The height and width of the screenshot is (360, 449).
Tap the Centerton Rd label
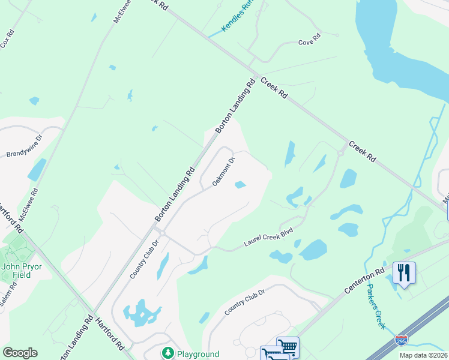coord(364,281)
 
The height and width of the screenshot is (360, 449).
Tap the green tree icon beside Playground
coord(168,353)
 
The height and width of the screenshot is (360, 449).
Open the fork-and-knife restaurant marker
coord(404,274)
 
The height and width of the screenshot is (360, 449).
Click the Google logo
coord(20,353)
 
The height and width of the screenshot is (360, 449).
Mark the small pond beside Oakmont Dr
coord(240,185)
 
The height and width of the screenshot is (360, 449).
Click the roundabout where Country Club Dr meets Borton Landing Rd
coord(159,232)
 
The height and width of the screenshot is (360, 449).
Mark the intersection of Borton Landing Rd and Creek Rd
coord(257,77)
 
